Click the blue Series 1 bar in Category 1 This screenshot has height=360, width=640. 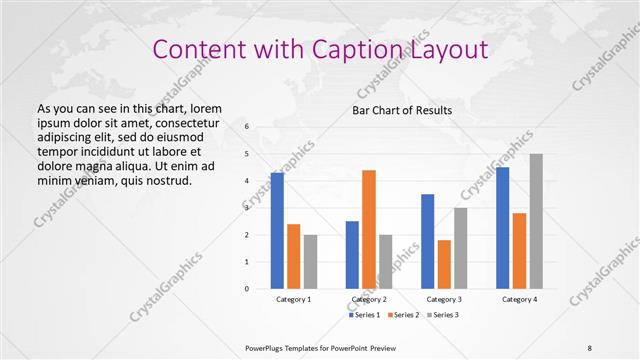pyautogui.click(x=277, y=231)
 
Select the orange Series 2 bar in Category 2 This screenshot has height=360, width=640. pyautogui.click(x=369, y=229)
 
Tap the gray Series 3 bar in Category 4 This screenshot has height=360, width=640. pyautogui.click(x=536, y=221)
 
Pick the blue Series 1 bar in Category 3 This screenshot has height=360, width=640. pyautogui.click(x=428, y=241)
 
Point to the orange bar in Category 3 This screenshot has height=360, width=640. pyautogui.click(x=444, y=264)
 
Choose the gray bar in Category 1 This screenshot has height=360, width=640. pyautogui.click(x=311, y=261)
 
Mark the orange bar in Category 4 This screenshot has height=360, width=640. pyautogui.click(x=519, y=251)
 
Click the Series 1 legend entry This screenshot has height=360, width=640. pyautogui.click(x=364, y=315)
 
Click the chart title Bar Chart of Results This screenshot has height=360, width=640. pyautogui.click(x=402, y=110)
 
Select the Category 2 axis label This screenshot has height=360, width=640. pyautogui.click(x=369, y=299)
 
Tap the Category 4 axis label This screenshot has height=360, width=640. pyautogui.click(x=519, y=299)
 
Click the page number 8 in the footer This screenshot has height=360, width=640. pyautogui.click(x=590, y=348)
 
